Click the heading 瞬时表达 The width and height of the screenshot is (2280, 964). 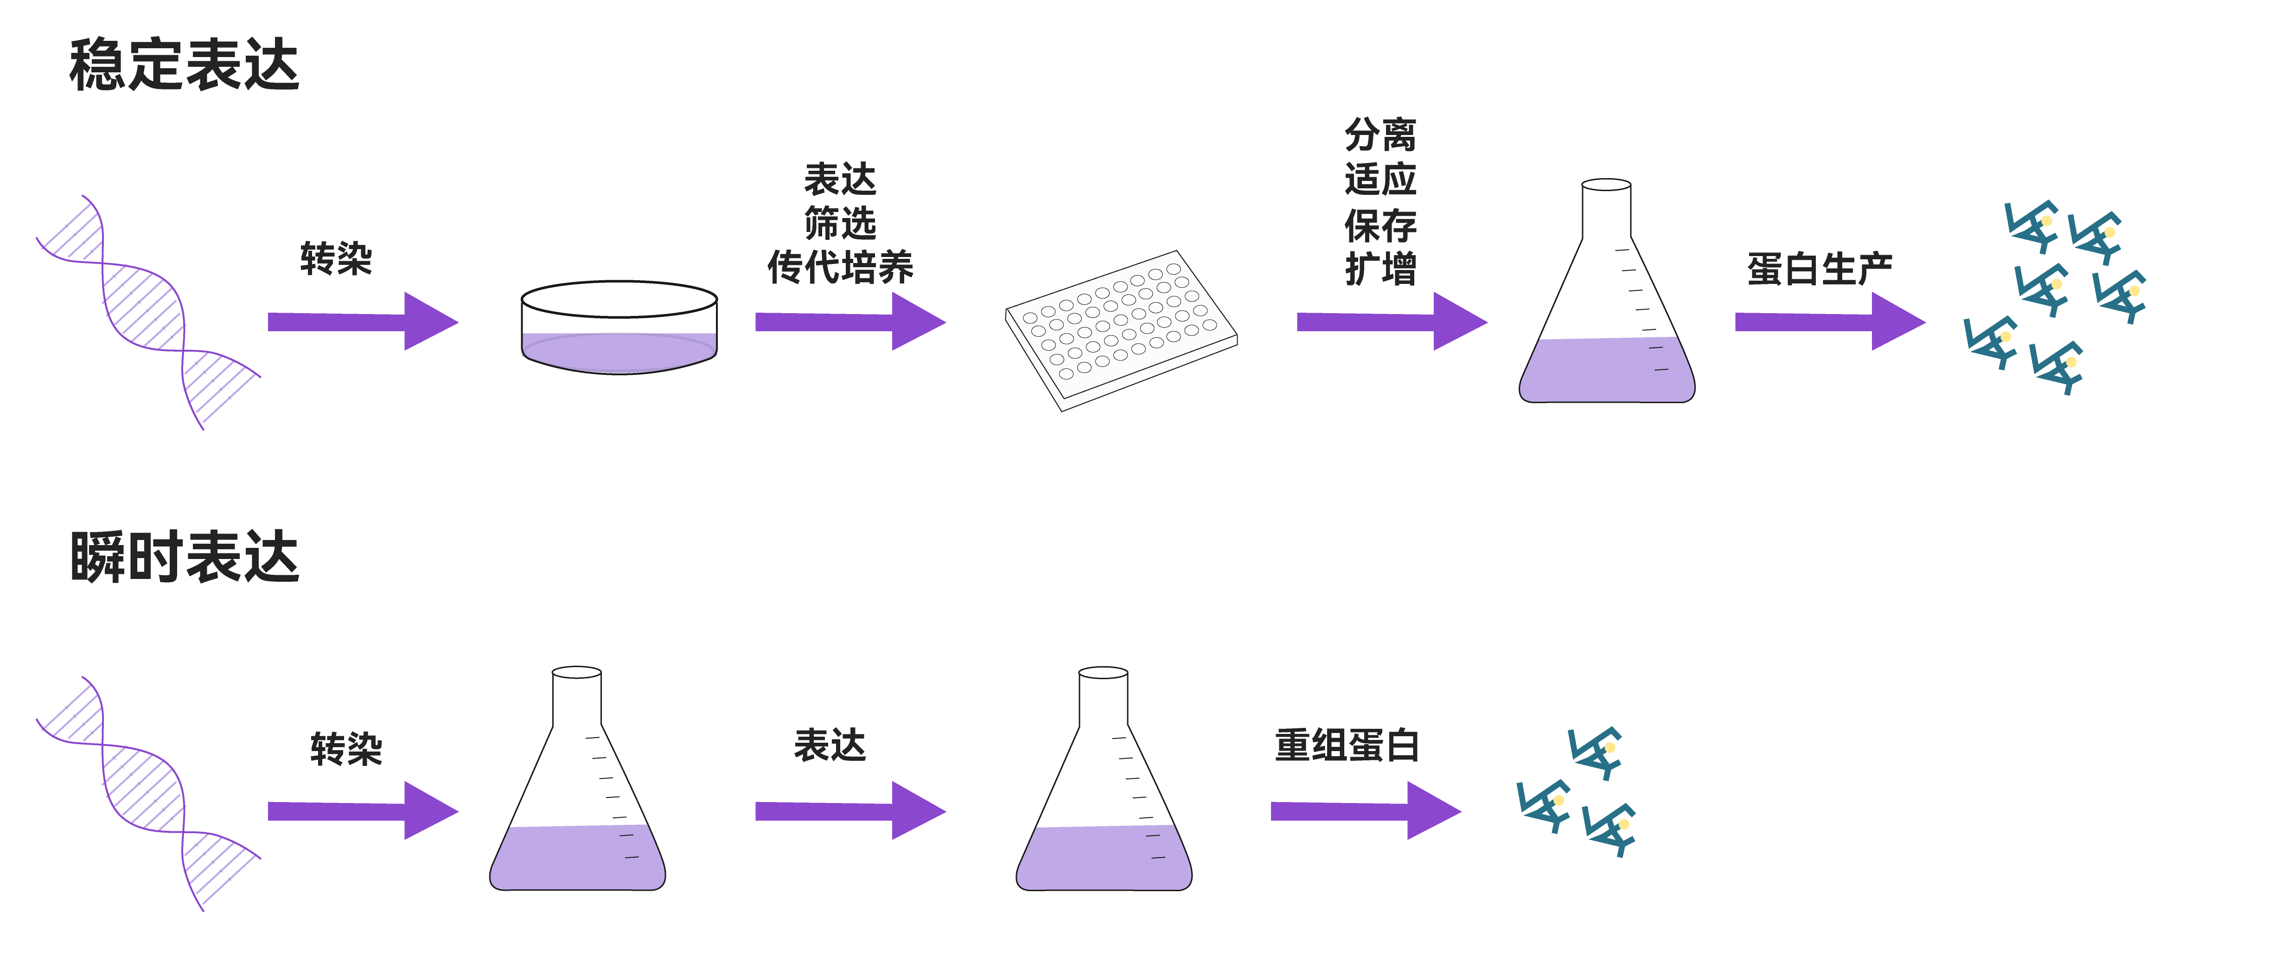pos(184,558)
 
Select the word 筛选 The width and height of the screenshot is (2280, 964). pos(840,223)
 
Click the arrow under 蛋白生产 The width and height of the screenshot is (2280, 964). pos(1829,321)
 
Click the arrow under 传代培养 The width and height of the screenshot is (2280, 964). pos(849,321)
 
